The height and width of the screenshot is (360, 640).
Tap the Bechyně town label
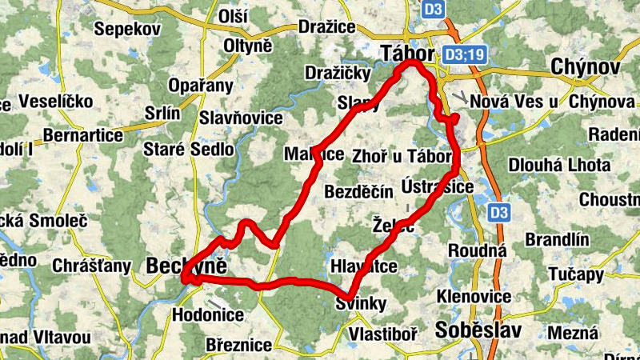tap(188, 267)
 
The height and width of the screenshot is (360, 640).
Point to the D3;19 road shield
tap(464, 54)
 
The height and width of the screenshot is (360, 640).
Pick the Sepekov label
tap(127, 29)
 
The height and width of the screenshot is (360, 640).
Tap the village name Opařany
tap(200, 86)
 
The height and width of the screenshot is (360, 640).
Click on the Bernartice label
tap(83, 135)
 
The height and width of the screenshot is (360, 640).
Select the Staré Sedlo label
tap(188, 149)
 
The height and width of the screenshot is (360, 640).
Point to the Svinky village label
tap(361, 303)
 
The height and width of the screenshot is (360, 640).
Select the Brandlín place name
tap(557, 239)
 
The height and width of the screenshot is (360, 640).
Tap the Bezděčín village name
tap(359, 191)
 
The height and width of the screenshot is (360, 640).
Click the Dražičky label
tap(337, 74)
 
